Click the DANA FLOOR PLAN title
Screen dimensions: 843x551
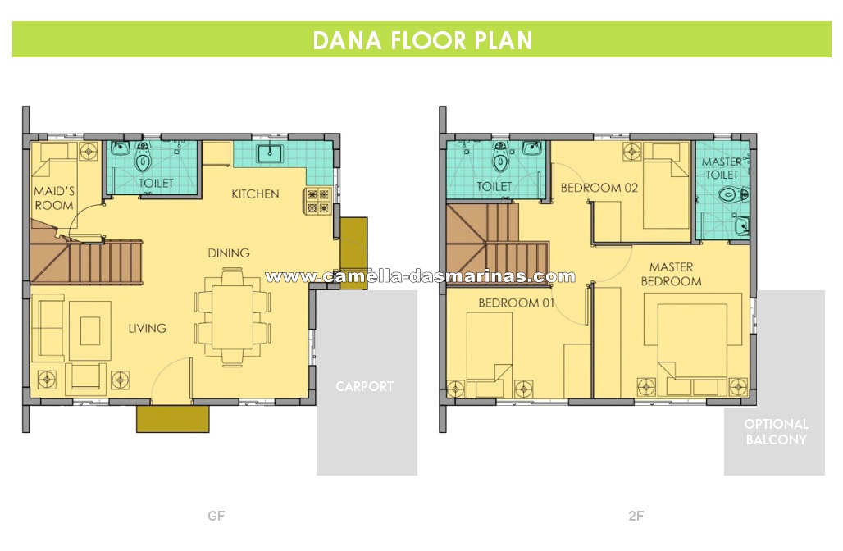[422, 40]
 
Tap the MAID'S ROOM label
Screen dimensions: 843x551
[54, 198]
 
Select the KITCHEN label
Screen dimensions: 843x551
[255, 194]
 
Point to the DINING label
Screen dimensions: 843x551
[229, 253]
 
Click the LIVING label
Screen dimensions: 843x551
[148, 328]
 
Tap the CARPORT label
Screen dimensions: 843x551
[365, 386]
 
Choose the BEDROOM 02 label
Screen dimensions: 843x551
[599, 188]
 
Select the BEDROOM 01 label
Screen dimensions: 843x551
[516, 303]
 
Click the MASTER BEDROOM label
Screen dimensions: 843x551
[671, 274]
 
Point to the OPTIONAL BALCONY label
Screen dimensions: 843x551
[776, 431]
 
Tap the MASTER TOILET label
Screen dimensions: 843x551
[722, 168]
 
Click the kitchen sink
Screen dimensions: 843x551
[269, 153]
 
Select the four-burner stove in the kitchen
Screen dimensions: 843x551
[317, 201]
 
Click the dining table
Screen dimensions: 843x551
[232, 317]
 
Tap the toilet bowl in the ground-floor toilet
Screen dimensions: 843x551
[143, 157]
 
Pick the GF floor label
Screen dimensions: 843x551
[216, 516]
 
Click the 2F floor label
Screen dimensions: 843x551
[636, 516]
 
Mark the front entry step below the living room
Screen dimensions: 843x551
[172, 419]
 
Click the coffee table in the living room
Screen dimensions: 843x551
[90, 330]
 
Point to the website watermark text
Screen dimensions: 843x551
[420, 277]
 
